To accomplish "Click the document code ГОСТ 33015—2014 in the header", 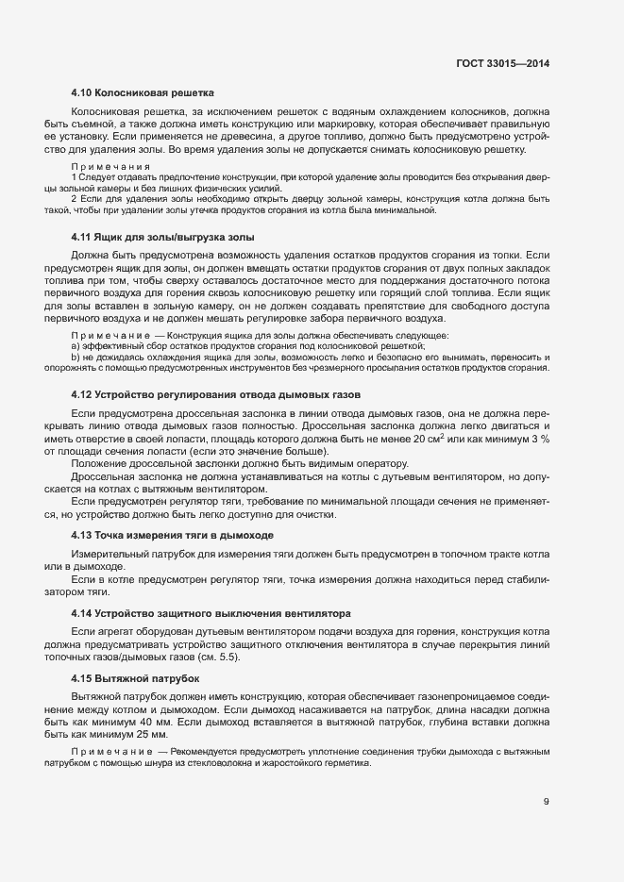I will (501, 62).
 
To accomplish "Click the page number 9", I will (546, 803).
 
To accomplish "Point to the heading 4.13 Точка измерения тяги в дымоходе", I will (173, 535).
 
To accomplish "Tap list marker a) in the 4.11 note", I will (75, 347).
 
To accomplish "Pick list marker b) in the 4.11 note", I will (75, 358).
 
